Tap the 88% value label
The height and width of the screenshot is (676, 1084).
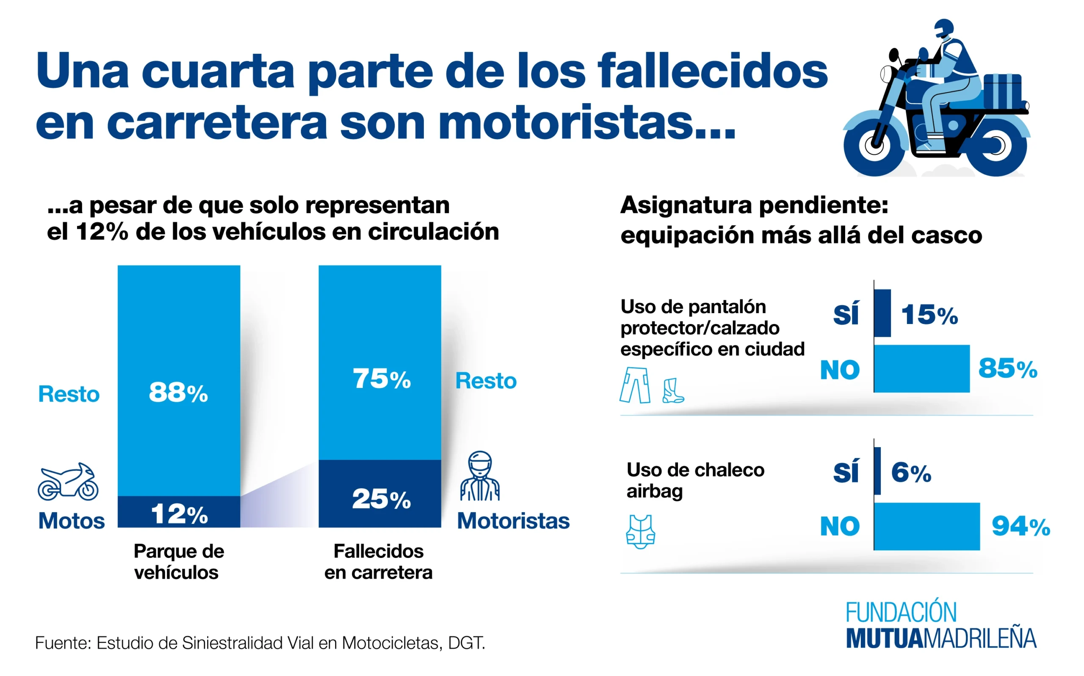click(178, 393)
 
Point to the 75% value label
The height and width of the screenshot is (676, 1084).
click(381, 379)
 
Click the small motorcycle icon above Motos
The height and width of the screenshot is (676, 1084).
click(68, 482)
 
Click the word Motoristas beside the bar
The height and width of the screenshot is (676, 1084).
click(513, 521)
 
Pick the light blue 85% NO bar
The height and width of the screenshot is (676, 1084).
click(921, 369)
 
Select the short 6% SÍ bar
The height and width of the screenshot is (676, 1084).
click(877, 471)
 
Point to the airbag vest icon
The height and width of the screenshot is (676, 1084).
click(640, 532)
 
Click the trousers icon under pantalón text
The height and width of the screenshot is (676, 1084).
click(635, 385)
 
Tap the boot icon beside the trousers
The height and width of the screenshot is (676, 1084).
click(673, 391)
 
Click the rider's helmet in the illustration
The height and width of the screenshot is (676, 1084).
click(944, 29)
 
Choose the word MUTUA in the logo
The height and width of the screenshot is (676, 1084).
click(885, 638)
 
